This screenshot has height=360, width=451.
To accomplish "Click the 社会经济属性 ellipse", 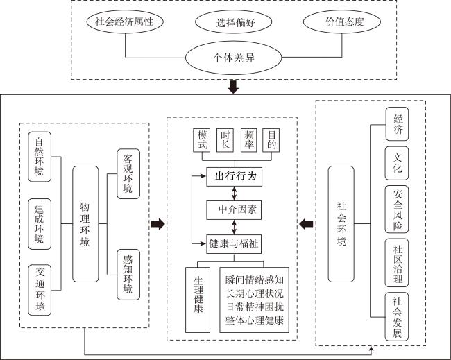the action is point(125,22).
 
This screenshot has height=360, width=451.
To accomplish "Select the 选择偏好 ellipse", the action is point(234,22).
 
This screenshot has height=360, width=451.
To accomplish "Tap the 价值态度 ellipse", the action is point(342,22).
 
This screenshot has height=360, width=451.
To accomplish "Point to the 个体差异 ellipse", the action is point(234,58).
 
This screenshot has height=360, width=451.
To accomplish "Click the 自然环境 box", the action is point(40,157).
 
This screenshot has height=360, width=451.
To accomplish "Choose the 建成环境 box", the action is point(40,224).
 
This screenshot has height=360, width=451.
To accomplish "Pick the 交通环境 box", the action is point(40,290).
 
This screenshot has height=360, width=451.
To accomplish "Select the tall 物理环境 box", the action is point(85,224).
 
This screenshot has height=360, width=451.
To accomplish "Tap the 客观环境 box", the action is point(128,173).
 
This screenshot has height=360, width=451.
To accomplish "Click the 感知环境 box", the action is point(128,275).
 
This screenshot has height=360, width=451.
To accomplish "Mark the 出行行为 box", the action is point(234,177).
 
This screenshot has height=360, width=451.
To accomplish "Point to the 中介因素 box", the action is point(234,210).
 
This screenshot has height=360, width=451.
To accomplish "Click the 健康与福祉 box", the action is point(234,244).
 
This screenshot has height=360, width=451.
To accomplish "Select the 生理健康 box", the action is point(198,300).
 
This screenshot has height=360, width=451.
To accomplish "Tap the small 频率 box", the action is point(248,140).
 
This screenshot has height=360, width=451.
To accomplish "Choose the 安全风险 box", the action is point(397,209).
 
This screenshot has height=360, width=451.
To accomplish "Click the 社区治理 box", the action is point(397,262).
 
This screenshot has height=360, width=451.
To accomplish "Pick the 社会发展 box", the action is point(397,316).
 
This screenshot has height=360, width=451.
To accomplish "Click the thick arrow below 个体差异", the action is point(233,87).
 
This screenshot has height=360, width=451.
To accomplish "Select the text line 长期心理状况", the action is point(255,293).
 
